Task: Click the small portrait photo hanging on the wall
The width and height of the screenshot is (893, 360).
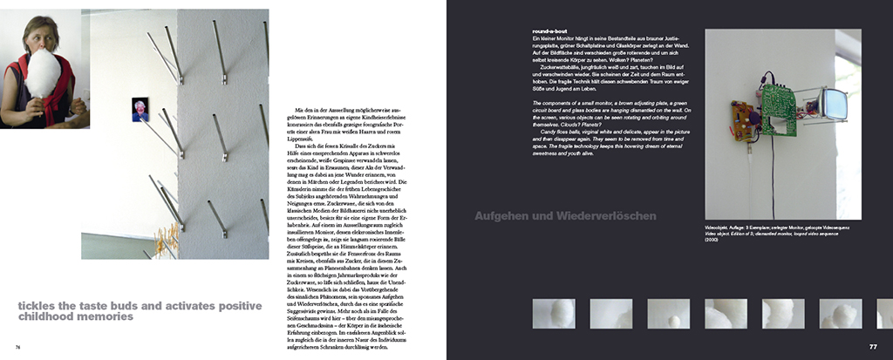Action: tap(140, 109)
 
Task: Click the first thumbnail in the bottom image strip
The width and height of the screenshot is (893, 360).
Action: tap(553, 313)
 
